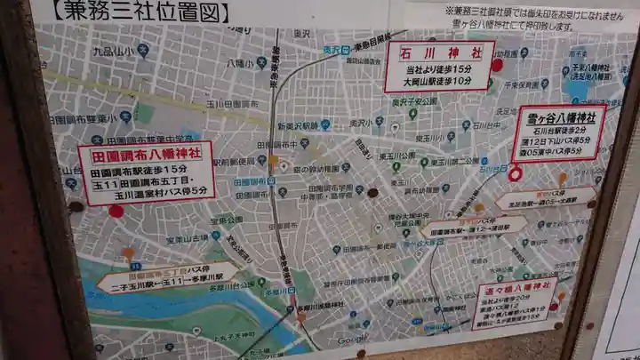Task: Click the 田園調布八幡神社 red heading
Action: click(146, 154)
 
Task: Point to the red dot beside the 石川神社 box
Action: click(496, 65)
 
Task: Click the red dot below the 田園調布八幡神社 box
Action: click(116, 211)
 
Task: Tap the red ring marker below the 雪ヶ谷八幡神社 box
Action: click(515, 173)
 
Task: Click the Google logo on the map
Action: click(352, 340)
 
